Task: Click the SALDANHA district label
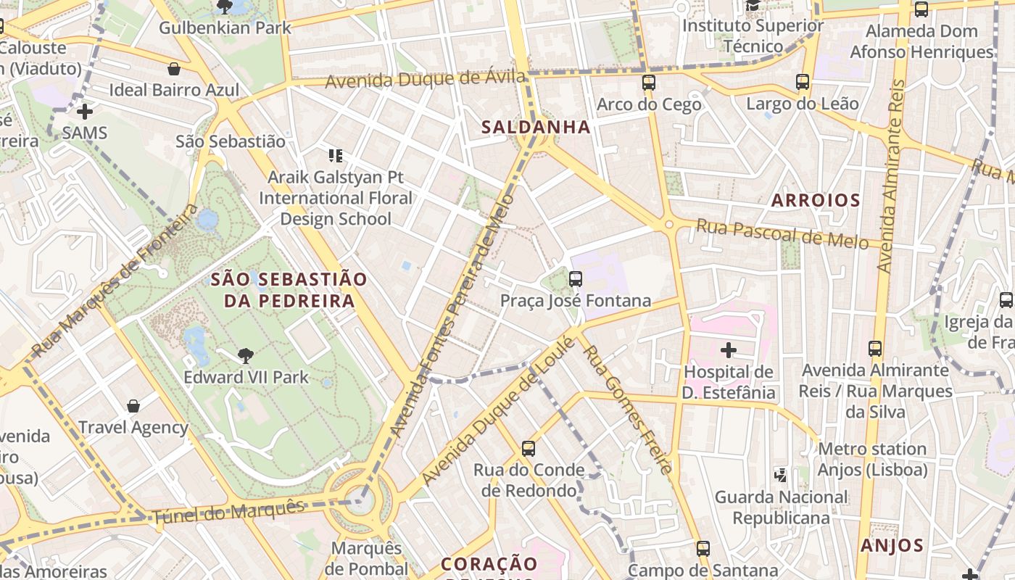coord(536,127)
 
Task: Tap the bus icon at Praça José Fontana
coord(576,278)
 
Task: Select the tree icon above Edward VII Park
coord(246,355)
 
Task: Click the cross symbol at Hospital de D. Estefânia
coord(728,351)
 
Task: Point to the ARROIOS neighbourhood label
coord(816,200)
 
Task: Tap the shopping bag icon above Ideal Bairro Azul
coord(174,69)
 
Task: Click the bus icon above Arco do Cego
coord(649,83)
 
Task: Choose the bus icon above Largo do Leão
coord(803,82)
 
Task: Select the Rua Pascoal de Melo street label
coord(782,233)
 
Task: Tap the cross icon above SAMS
coord(85,112)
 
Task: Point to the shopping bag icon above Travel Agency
coord(133,405)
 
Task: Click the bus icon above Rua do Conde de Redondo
coord(529,449)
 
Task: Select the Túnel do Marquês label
coord(228,512)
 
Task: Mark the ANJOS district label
coord(892,545)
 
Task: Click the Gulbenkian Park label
coord(225,28)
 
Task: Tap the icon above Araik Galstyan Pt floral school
coord(335,155)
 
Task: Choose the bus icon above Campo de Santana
coord(703,549)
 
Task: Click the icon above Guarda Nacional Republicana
coord(781,476)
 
